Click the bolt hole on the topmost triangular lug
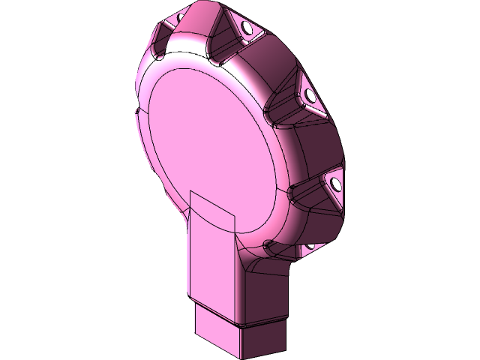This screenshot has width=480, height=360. point(247,28)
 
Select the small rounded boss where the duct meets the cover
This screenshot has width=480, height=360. point(268,244)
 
